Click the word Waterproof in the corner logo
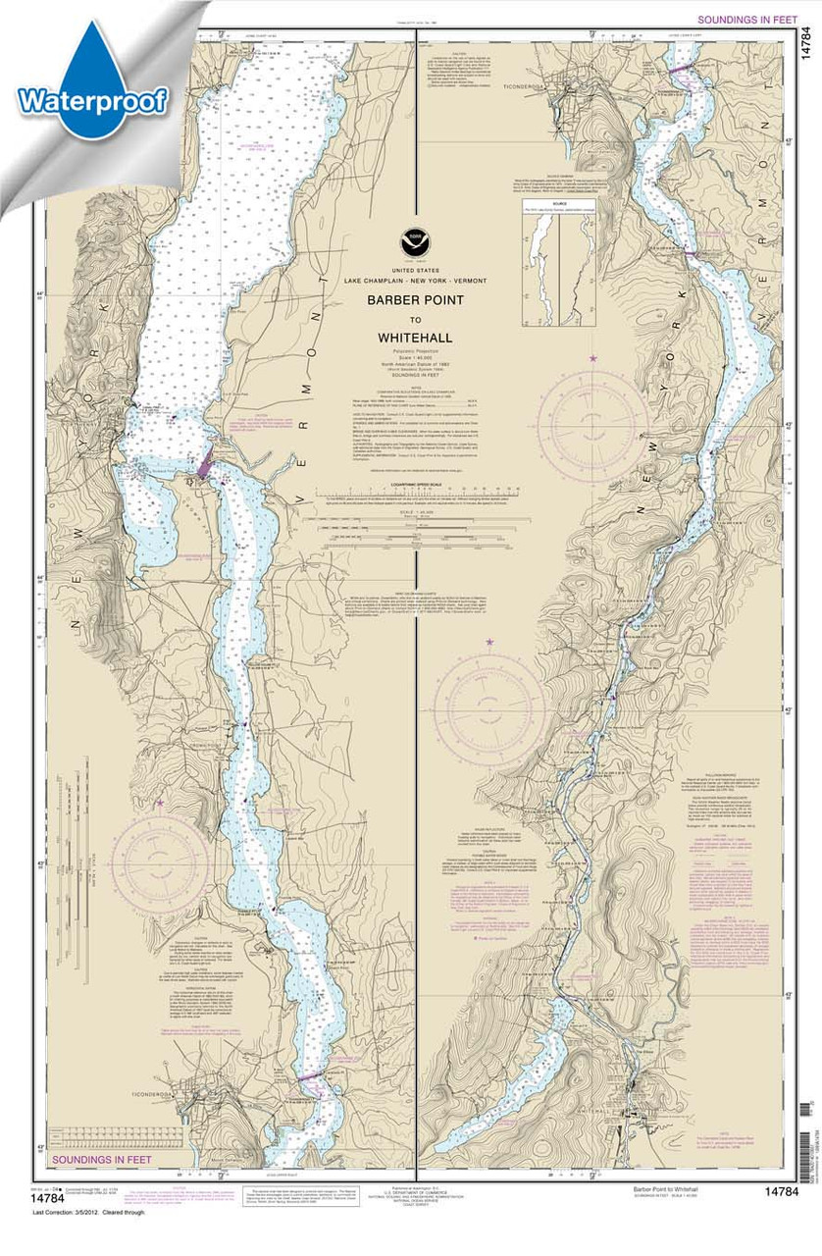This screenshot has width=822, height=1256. click(x=92, y=99)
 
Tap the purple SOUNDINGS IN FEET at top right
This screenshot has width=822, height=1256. click(x=745, y=19)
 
